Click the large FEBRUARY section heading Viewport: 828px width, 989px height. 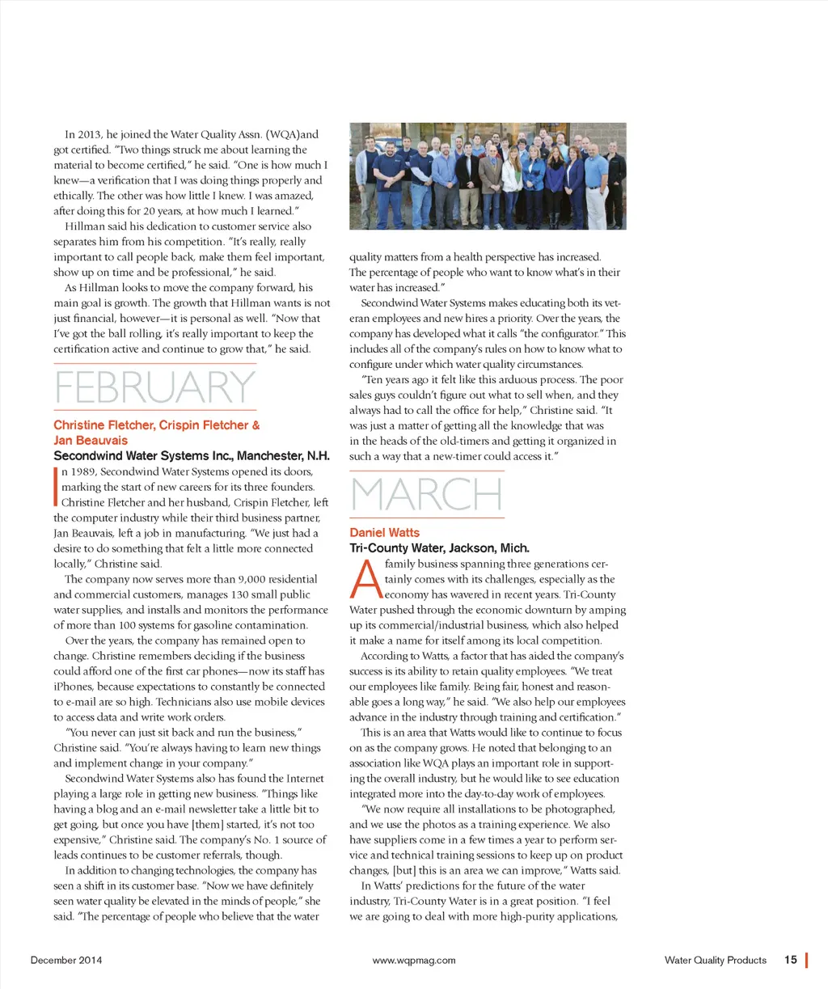[x=154, y=388]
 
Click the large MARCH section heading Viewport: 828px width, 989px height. [x=426, y=495]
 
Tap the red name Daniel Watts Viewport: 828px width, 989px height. [x=385, y=533]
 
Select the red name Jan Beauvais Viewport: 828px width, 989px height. [x=91, y=441]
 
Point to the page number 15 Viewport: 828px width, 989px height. [x=790, y=960]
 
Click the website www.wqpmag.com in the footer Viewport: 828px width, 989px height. [x=414, y=961]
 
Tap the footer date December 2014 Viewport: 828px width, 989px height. [x=66, y=961]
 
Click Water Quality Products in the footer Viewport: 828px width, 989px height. [x=715, y=961]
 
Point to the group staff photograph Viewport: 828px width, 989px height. [x=488, y=176]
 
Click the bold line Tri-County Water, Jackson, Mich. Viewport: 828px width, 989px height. [x=439, y=548]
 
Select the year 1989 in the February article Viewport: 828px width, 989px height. [x=82, y=472]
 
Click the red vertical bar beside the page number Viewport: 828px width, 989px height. [x=807, y=960]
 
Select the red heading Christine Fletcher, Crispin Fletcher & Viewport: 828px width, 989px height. [x=157, y=425]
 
